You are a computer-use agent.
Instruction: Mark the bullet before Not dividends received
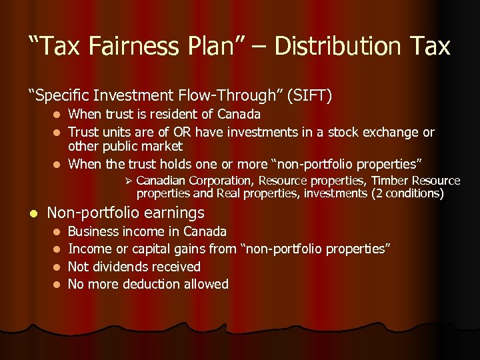57,267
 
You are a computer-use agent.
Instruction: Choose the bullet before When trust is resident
57,115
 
